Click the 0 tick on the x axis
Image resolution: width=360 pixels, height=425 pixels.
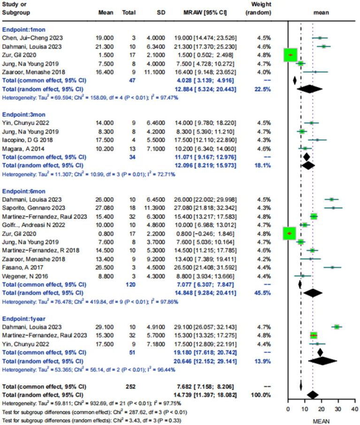click(x=288, y=410)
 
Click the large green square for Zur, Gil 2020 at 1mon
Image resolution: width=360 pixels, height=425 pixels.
click(x=291, y=55)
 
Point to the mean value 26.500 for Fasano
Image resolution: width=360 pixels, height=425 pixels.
click(x=103, y=267)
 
